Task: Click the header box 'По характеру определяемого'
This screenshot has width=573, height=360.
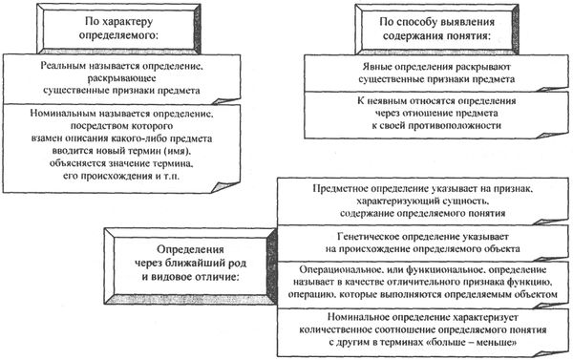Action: tap(134, 28)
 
